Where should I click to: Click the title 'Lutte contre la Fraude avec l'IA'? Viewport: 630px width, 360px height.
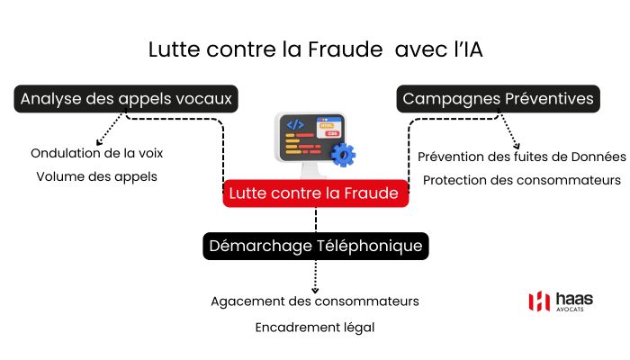click(x=315, y=50)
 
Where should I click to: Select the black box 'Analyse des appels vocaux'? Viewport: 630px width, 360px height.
click(x=127, y=99)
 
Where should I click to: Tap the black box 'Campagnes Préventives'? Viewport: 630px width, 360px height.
click(x=498, y=99)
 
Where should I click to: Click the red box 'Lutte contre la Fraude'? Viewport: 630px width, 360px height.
click(x=315, y=193)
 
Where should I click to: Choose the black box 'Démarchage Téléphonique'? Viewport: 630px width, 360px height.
click(x=315, y=246)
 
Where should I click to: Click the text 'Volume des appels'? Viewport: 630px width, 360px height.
click(x=97, y=176)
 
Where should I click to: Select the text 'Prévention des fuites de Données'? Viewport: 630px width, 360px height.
click(x=522, y=157)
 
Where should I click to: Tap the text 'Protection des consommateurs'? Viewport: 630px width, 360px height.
click(x=522, y=180)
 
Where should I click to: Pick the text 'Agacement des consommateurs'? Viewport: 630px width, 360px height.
click(x=315, y=301)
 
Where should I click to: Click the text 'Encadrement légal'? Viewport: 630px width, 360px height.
click(x=315, y=328)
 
